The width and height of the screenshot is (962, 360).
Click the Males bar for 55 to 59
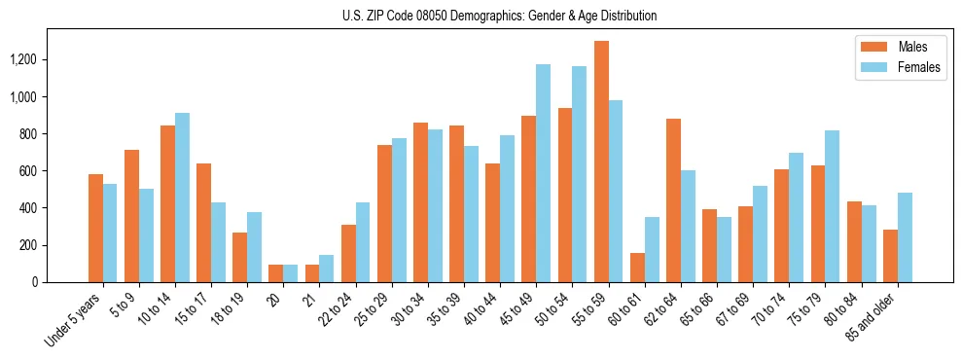pyautogui.click(x=601, y=162)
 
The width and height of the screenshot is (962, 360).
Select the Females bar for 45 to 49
pyautogui.click(x=543, y=173)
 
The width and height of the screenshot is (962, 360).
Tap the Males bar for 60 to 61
pyautogui.click(x=637, y=268)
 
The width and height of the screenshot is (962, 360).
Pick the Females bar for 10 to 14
pyautogui.click(x=182, y=198)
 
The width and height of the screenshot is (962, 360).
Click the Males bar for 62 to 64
pyautogui.click(x=673, y=200)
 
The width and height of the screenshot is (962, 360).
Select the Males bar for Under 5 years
pyautogui.click(x=95, y=229)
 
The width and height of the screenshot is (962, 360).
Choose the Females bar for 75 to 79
pyautogui.click(x=832, y=206)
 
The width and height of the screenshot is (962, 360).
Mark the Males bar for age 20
pyautogui.click(x=276, y=273)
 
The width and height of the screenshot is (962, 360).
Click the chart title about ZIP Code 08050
pyautogui.click(x=499, y=16)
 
